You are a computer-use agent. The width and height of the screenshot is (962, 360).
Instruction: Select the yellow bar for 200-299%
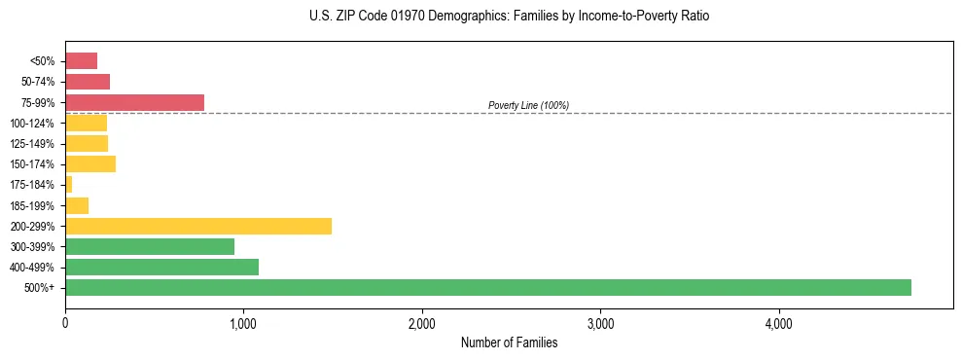click(198, 226)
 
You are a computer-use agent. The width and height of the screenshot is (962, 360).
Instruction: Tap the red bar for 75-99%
click(134, 102)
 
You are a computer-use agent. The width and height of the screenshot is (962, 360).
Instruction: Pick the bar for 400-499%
click(161, 267)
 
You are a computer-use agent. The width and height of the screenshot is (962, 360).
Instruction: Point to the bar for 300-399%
click(150, 246)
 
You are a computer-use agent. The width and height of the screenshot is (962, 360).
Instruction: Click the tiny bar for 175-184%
click(68, 184)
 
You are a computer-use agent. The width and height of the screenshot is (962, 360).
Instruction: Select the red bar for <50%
click(81, 60)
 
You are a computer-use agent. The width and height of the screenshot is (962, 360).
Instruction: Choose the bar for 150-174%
click(90, 163)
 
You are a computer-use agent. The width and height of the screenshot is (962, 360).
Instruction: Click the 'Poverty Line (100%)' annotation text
click(528, 105)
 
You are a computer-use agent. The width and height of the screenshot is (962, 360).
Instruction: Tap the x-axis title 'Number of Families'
click(509, 342)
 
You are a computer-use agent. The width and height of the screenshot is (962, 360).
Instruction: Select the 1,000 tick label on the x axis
click(243, 322)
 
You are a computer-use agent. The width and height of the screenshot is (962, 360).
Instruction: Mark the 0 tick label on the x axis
click(65, 322)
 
